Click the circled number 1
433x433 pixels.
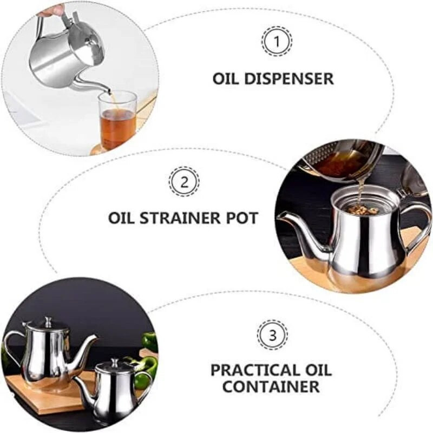pyautogui.click(x=277, y=41)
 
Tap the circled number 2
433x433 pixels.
pyautogui.click(x=184, y=181)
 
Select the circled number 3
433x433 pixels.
pyautogui.click(x=273, y=335)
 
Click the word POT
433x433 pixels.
pyautogui.click(x=242, y=218)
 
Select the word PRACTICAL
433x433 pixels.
pyautogui.click(x=254, y=371)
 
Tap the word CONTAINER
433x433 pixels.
pyautogui.click(x=271, y=387)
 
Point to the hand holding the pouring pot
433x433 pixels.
pyautogui.click(x=51, y=10)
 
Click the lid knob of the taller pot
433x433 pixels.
pyautogui.click(x=48, y=320)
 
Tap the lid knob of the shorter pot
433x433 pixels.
pyautogui.click(x=114, y=362)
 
